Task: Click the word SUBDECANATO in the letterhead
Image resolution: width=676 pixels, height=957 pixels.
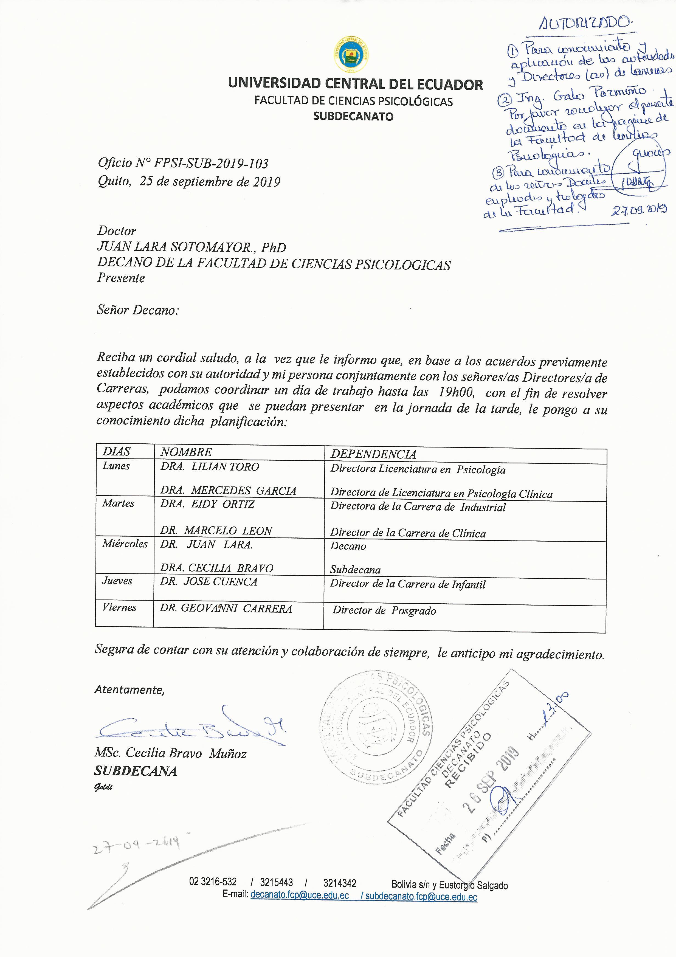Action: tap(353, 116)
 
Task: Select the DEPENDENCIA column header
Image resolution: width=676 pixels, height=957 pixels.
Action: tap(373, 454)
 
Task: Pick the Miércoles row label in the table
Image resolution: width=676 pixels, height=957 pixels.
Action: tap(125, 544)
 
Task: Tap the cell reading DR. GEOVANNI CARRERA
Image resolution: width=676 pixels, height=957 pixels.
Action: tap(226, 609)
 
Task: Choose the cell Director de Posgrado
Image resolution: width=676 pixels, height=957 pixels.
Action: tap(384, 611)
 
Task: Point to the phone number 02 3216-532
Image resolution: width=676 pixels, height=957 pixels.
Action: tap(213, 882)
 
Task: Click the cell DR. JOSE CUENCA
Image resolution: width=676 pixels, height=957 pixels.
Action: tap(209, 582)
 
